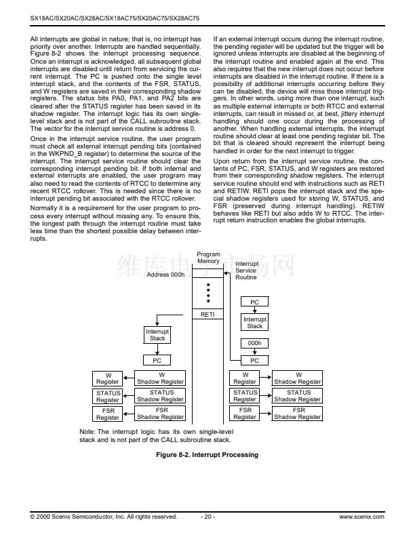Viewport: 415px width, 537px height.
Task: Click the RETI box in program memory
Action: (x=208, y=315)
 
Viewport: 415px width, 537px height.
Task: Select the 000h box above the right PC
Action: (x=254, y=344)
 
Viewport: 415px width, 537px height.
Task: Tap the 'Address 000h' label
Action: (x=165, y=275)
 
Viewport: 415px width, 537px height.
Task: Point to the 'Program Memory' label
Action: (x=208, y=258)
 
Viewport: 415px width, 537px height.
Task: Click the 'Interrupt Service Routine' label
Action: (x=246, y=271)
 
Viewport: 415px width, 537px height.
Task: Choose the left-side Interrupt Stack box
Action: (x=157, y=335)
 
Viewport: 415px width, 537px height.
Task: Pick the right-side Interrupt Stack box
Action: (x=254, y=322)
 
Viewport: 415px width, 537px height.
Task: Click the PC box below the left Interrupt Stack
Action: (x=157, y=360)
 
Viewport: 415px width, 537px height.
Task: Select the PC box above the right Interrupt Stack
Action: (x=254, y=302)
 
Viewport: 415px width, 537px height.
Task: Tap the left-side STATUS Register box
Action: (x=108, y=396)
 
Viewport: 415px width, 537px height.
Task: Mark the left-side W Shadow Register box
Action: (x=161, y=378)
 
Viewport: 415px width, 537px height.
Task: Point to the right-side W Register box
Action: (x=245, y=378)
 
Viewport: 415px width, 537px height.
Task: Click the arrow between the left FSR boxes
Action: (x=128, y=414)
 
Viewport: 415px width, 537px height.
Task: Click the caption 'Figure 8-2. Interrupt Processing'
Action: (x=207, y=454)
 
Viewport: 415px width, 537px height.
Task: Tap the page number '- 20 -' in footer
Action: (x=207, y=517)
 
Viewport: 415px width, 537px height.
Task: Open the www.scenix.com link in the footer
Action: (x=361, y=517)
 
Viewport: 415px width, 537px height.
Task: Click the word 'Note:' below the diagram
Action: (x=88, y=431)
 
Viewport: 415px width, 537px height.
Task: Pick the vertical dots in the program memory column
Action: (x=208, y=294)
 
